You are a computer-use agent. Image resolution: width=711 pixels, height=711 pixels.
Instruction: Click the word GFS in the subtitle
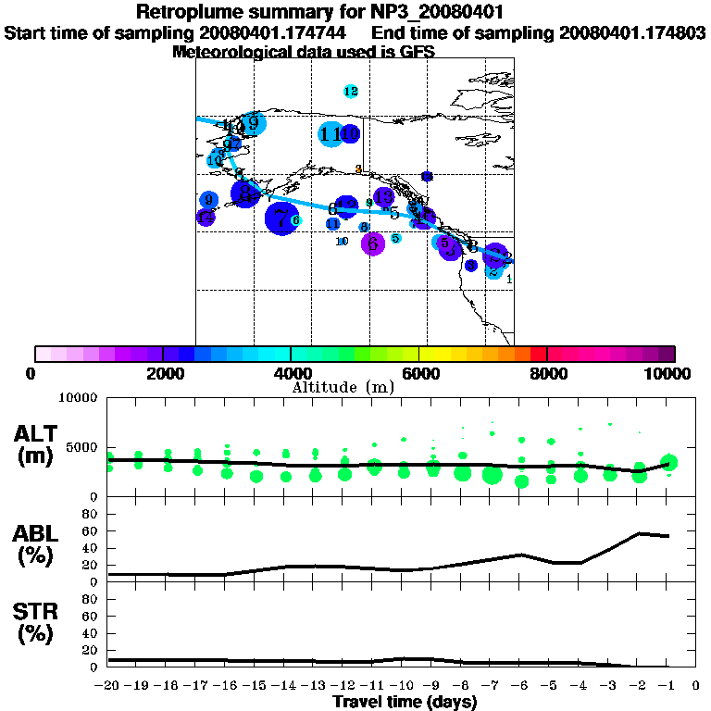[418, 52]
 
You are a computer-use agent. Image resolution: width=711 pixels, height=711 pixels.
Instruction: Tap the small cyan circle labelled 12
[351, 91]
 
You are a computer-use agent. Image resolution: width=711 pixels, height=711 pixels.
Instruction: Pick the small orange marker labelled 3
[359, 169]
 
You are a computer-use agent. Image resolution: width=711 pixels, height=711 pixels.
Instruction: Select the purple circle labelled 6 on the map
[373, 243]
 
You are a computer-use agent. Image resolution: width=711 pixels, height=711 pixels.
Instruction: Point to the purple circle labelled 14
[383, 197]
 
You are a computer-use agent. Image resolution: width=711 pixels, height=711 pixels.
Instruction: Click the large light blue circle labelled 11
[331, 134]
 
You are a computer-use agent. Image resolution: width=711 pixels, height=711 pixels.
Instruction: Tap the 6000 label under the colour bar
[418, 374]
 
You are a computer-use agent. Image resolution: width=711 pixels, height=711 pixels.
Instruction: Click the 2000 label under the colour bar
[161, 374]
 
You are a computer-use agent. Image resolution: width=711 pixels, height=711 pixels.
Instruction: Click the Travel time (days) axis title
[405, 702]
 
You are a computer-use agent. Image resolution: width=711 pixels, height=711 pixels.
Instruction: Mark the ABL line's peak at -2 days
[640, 533]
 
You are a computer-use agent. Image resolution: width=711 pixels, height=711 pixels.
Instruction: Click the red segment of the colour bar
[539, 354]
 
